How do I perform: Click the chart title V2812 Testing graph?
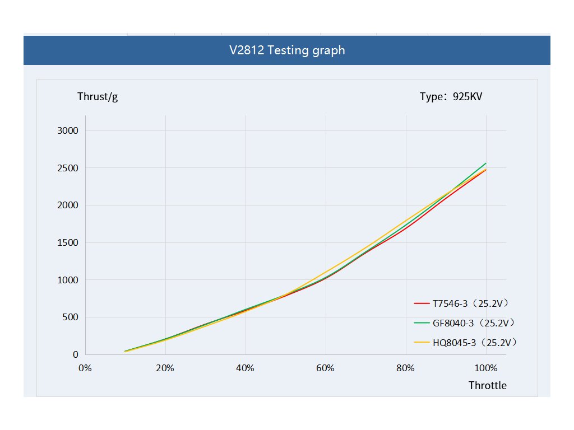tap(287, 50)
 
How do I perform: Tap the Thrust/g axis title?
tap(98, 96)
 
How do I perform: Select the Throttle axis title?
tap(487, 385)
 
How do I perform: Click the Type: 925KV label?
tap(451, 96)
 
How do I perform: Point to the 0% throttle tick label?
tap(85, 368)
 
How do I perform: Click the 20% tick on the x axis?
tap(165, 368)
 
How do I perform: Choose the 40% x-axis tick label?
tap(245, 368)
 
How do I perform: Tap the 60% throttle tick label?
tap(325, 368)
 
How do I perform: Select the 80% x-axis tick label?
tap(405, 368)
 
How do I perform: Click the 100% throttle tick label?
tap(485, 368)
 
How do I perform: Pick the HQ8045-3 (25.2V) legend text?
tap(474, 342)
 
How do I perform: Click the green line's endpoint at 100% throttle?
tap(485, 163)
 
